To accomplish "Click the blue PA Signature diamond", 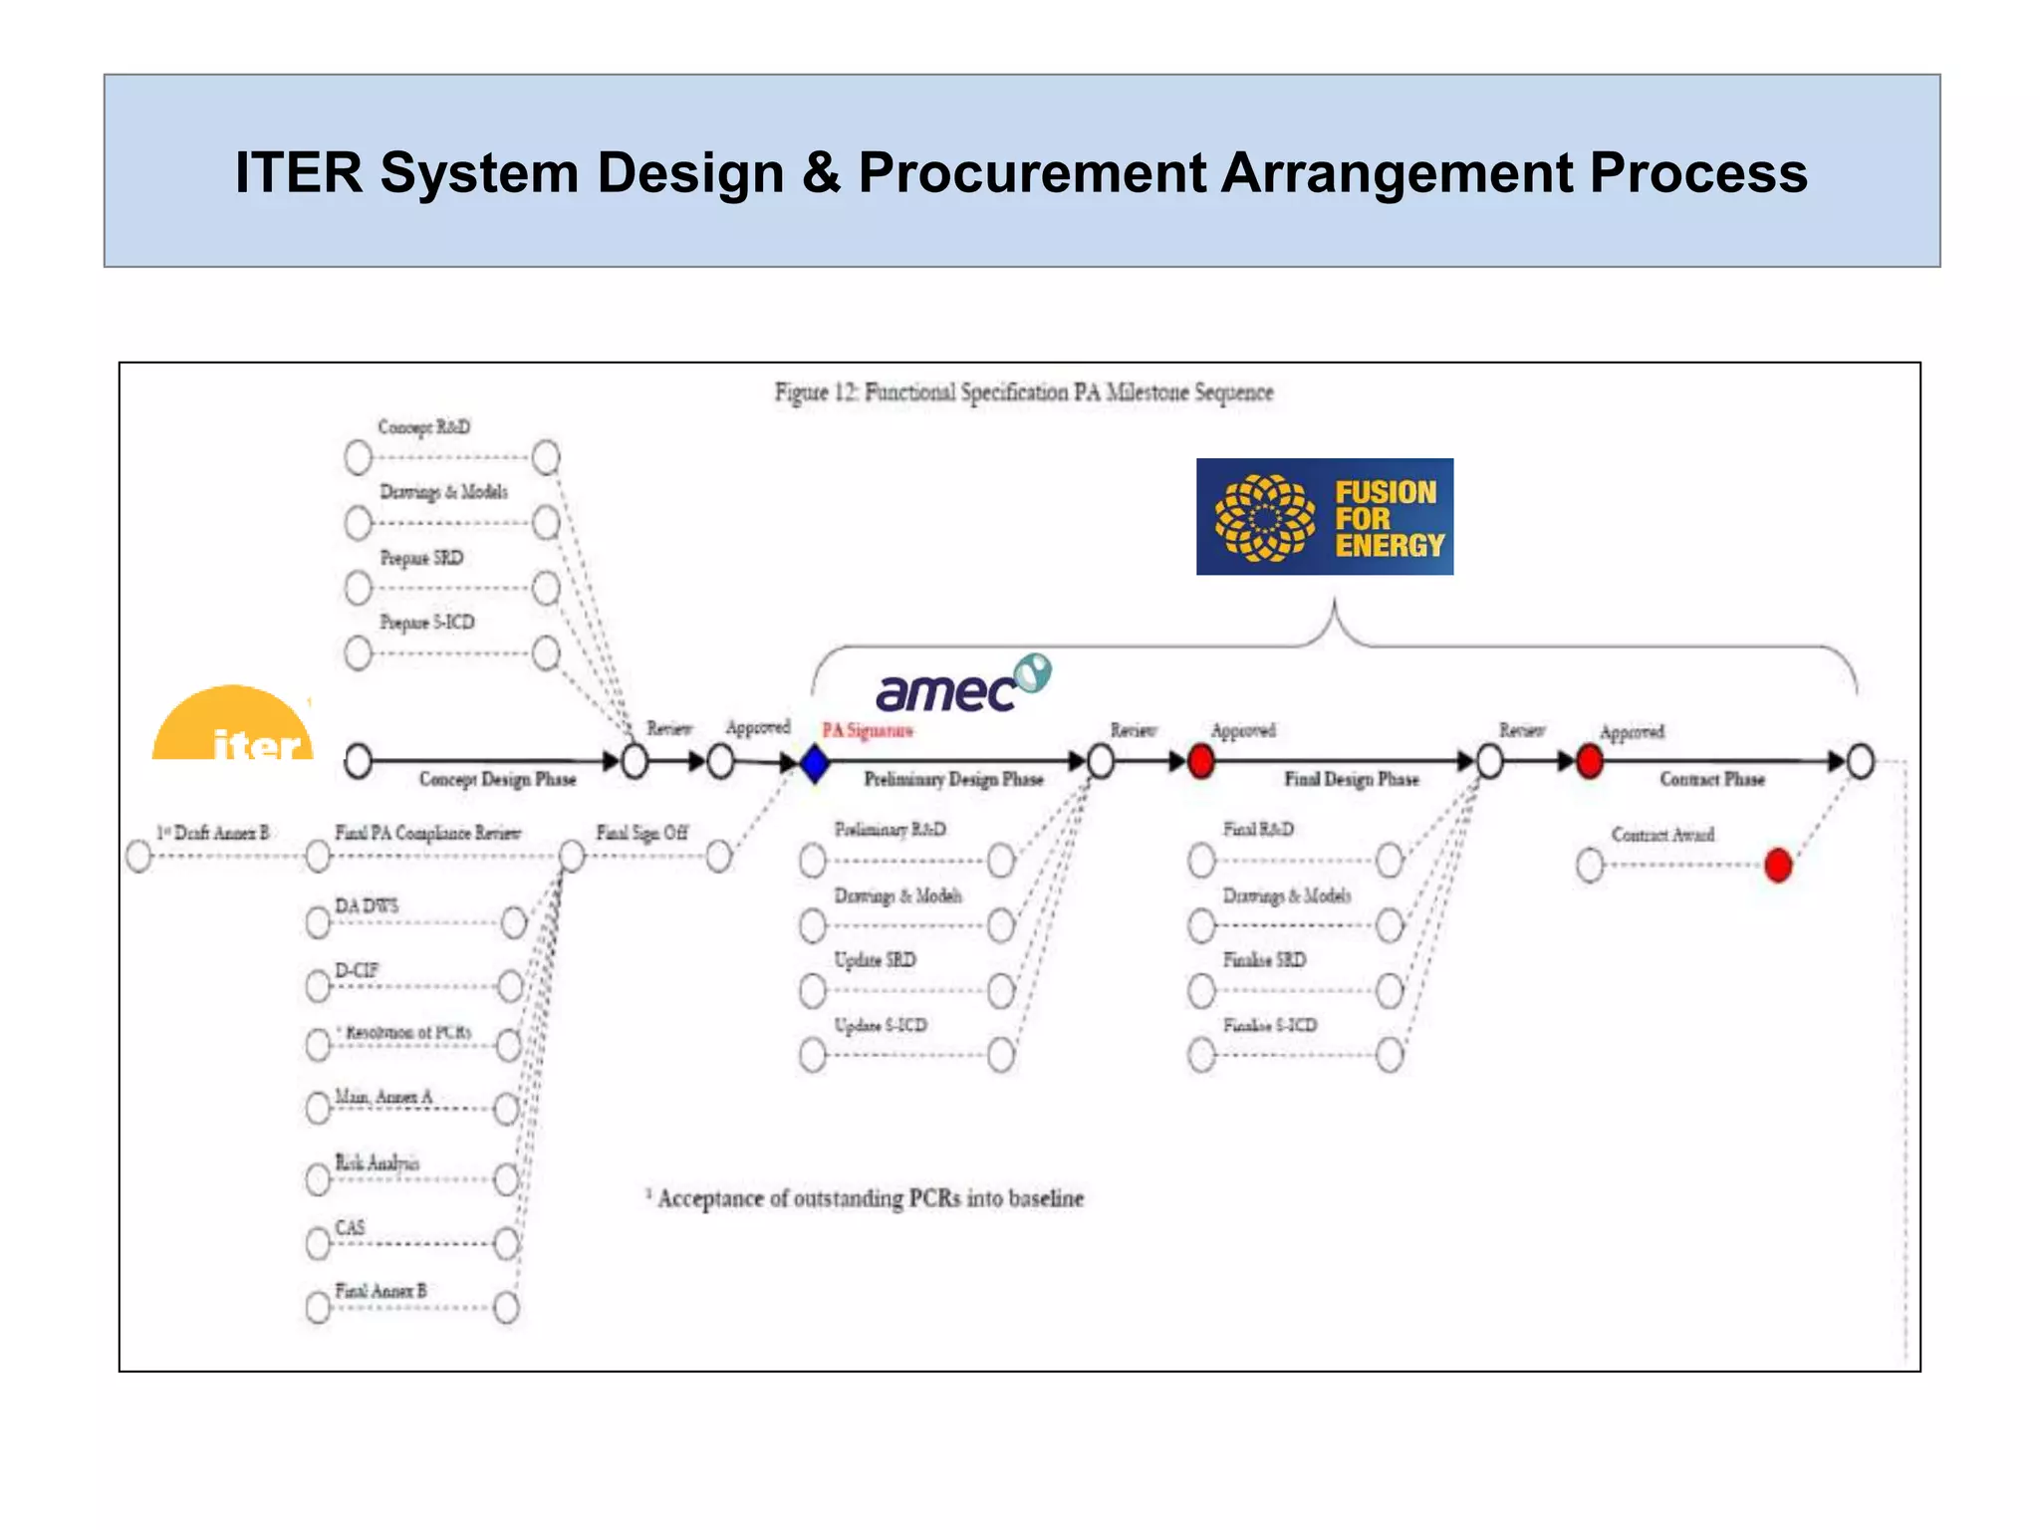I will tap(815, 764).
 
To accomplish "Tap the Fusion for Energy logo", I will tap(1324, 517).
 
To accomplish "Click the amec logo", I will tap(960, 685).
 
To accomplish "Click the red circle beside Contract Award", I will tap(1777, 865).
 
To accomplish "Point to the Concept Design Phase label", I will tap(497, 779).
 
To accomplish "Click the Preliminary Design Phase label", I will tap(953, 779).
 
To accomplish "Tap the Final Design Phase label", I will tap(1351, 779).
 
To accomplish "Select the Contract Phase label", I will tap(1711, 779).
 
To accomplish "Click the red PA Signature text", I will tap(867, 730).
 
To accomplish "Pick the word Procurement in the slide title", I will tap(1032, 172).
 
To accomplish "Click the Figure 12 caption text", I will tap(1024, 392).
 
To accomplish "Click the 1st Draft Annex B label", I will tap(212, 832).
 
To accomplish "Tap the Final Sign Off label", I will tap(641, 832).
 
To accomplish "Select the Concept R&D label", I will tap(423, 427).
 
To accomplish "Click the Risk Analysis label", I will tap(377, 1162).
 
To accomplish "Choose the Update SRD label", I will tap(875, 959).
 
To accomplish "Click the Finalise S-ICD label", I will tap(1269, 1025).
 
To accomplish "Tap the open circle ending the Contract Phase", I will tap(1860, 762).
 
